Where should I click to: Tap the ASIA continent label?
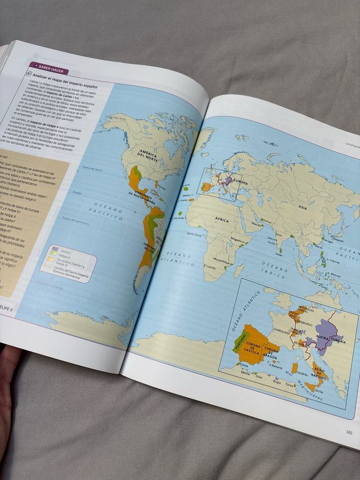302,207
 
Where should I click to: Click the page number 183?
349,432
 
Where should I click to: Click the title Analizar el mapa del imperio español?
65,83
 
